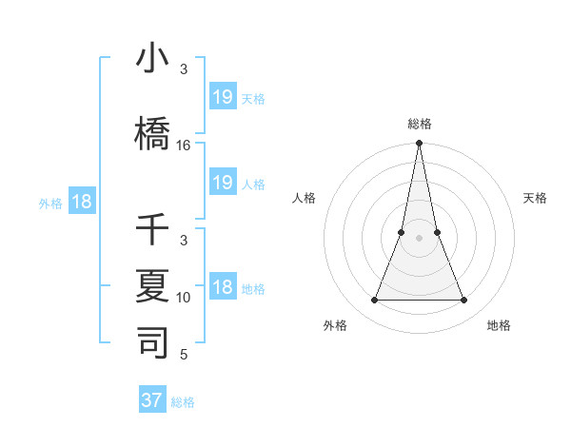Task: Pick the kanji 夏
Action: (x=152, y=285)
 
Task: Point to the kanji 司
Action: (x=152, y=342)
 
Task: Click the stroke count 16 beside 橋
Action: (x=184, y=146)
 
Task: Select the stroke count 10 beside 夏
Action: (x=184, y=298)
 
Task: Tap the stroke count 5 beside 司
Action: (x=184, y=355)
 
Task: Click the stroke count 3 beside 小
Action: (x=184, y=69)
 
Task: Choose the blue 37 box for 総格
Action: (x=152, y=400)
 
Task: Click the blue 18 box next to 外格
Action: (x=81, y=202)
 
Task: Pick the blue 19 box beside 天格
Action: (x=222, y=97)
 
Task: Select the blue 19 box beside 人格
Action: (x=222, y=183)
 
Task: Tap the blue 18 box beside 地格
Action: (x=222, y=287)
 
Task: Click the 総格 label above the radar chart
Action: (x=420, y=124)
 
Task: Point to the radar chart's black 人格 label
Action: (x=305, y=198)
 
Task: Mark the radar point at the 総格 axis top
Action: (x=420, y=144)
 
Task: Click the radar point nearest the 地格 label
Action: (x=464, y=301)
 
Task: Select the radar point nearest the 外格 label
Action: (x=374, y=301)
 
